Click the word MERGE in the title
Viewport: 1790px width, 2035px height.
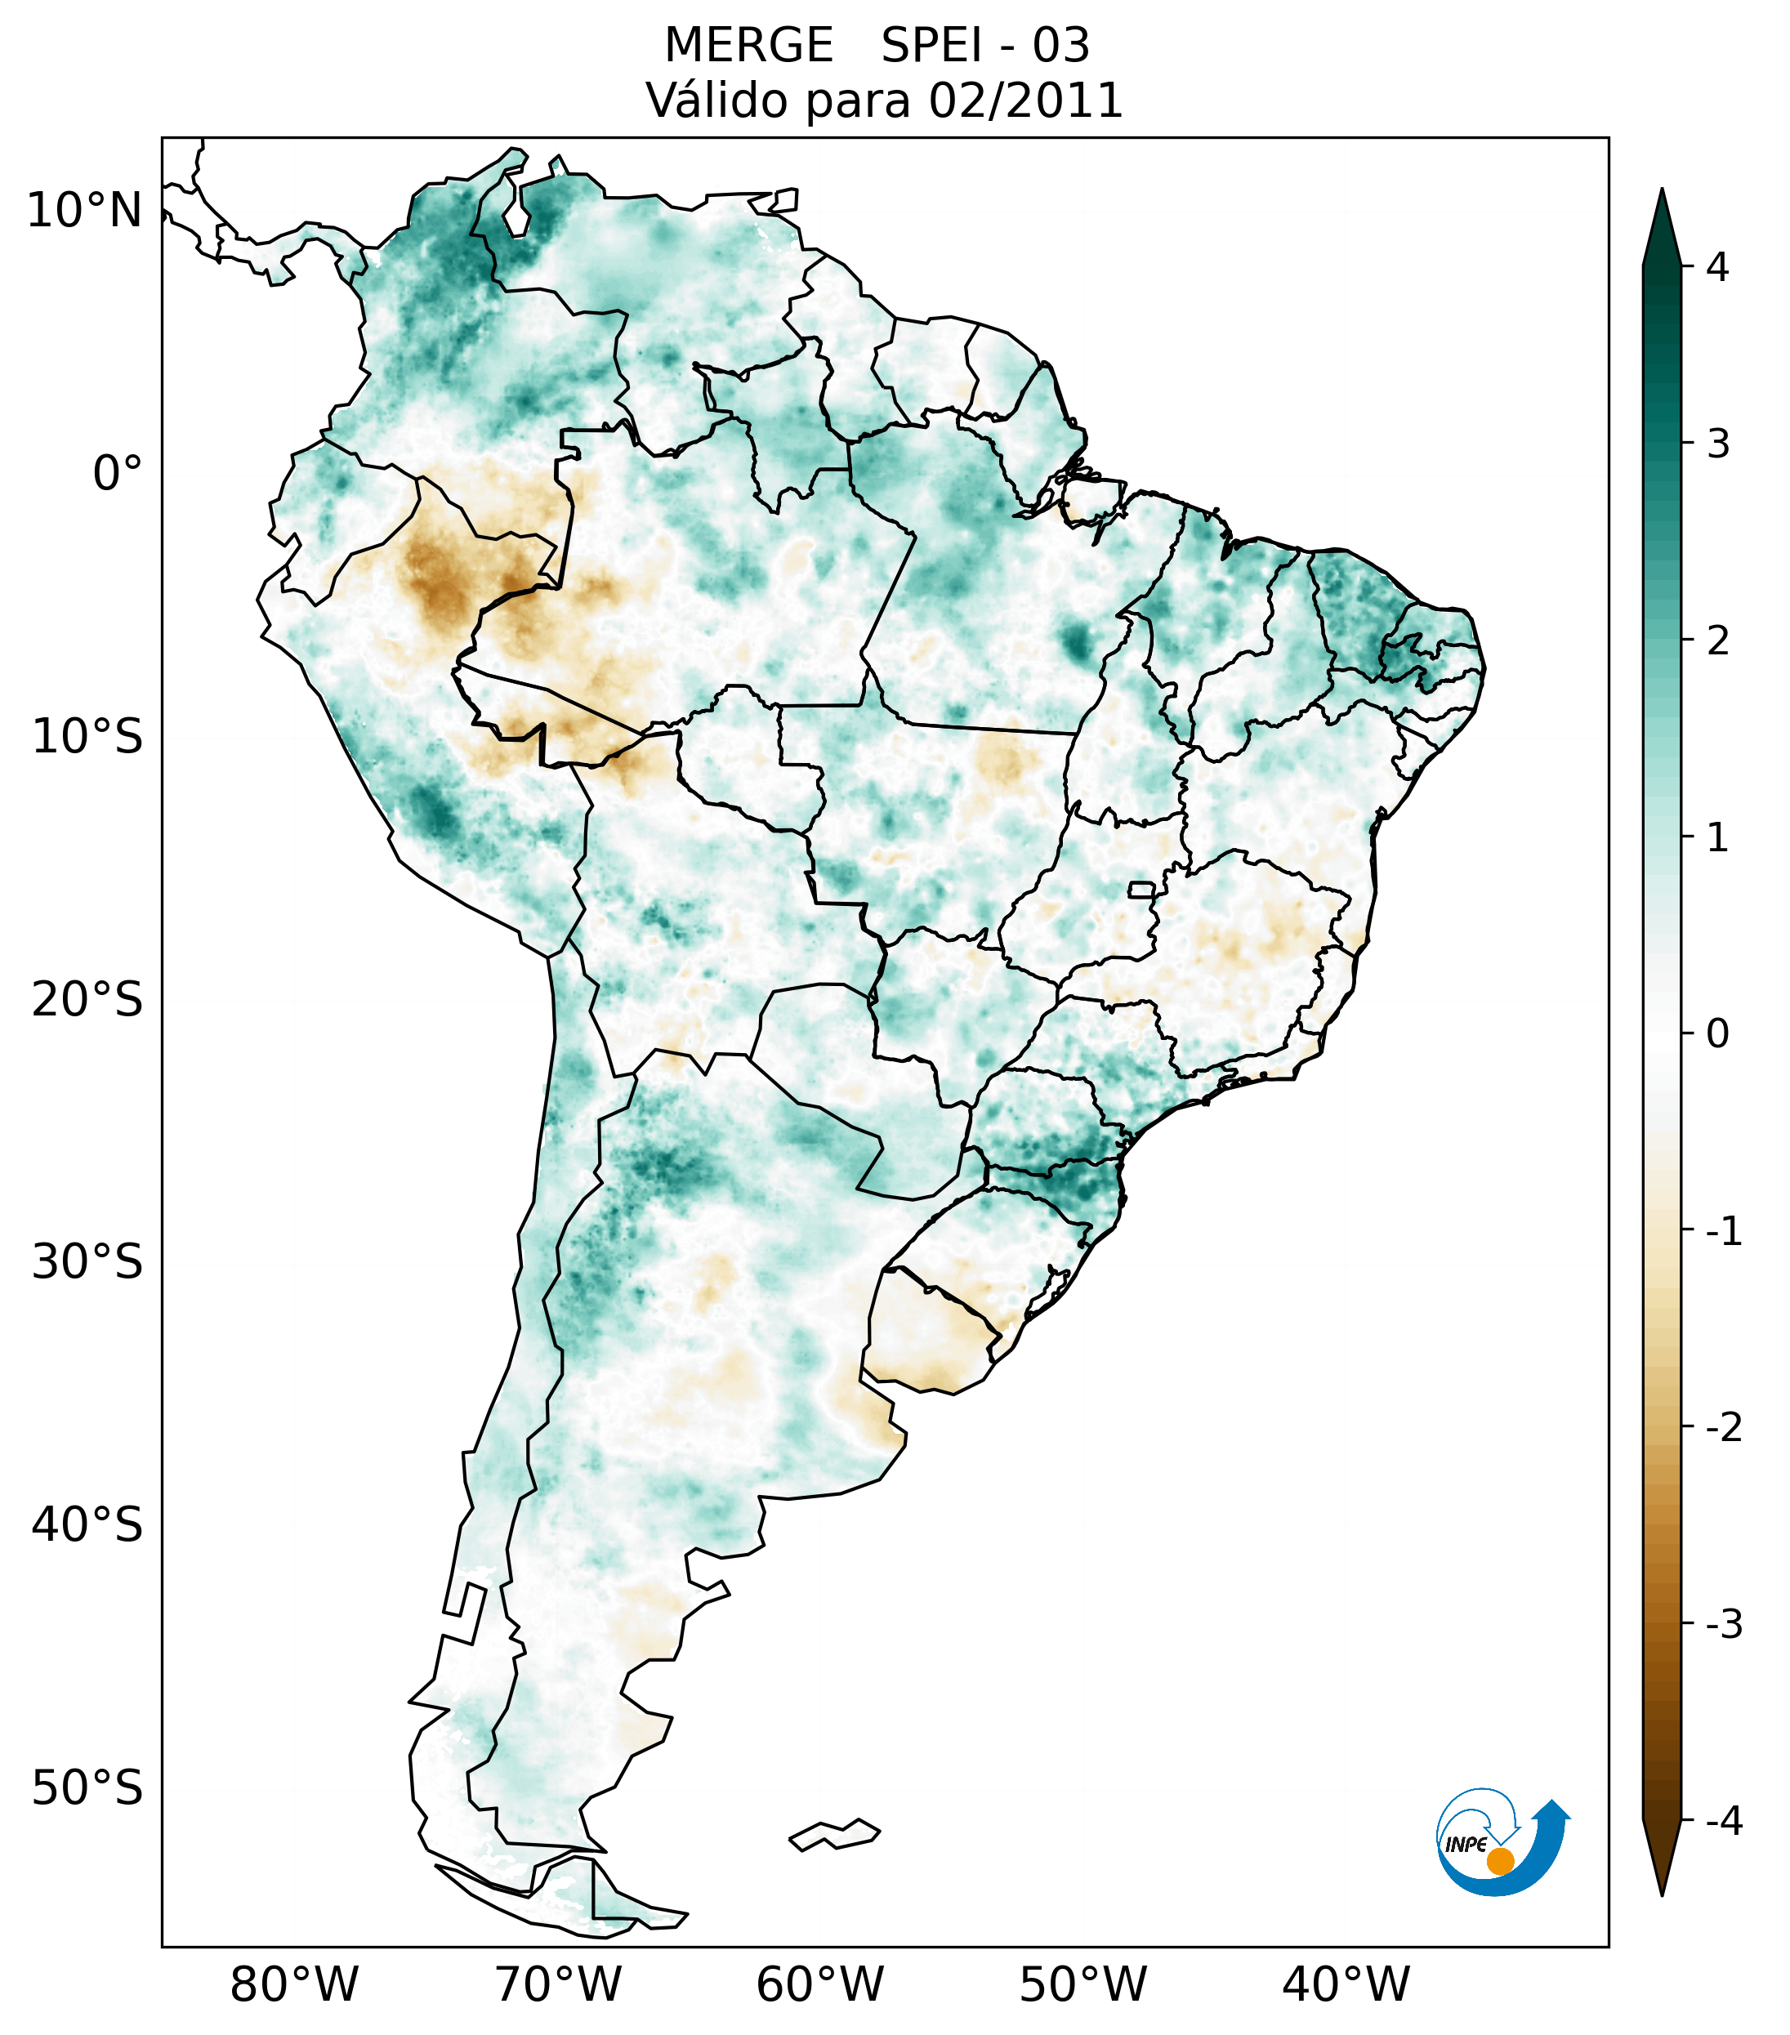(748, 46)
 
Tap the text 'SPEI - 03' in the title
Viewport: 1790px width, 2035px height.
(985, 46)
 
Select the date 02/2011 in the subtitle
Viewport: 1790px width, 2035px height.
(1025, 100)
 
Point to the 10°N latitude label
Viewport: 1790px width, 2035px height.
(85, 211)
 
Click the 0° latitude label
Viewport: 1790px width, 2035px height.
(118, 474)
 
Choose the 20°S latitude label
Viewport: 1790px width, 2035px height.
(87, 1000)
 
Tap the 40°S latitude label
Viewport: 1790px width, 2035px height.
(87, 1525)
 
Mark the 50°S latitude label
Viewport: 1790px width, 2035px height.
(87, 1788)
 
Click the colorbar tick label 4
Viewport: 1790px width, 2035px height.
(1717, 267)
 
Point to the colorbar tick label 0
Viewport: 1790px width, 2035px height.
(1717, 1033)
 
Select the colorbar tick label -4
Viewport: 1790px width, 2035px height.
(1723, 1821)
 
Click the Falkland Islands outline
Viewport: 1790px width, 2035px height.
(834, 1835)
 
